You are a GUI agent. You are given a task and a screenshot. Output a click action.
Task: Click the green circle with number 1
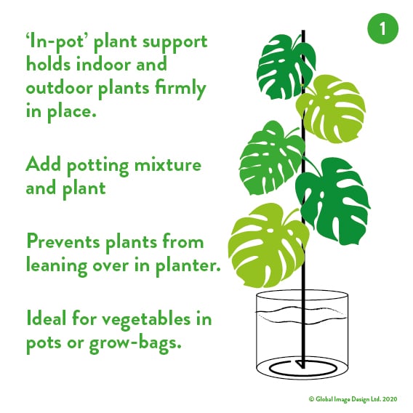tap(382, 28)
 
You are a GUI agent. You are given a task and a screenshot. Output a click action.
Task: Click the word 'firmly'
tap(180, 87)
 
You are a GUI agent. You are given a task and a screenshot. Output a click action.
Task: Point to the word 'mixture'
tap(168, 164)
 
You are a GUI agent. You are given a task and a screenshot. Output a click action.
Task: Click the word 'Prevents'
tap(63, 241)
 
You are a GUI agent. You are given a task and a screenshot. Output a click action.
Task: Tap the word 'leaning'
tap(57, 266)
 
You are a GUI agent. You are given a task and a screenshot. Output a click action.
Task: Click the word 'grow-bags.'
tap(135, 343)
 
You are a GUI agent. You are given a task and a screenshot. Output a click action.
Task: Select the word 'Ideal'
tap(46, 318)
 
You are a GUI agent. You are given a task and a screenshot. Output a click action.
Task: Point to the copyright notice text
tap(353, 398)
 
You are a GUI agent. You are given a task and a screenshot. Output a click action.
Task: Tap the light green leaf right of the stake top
tap(332, 108)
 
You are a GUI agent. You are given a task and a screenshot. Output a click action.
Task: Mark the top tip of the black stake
tap(303, 31)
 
